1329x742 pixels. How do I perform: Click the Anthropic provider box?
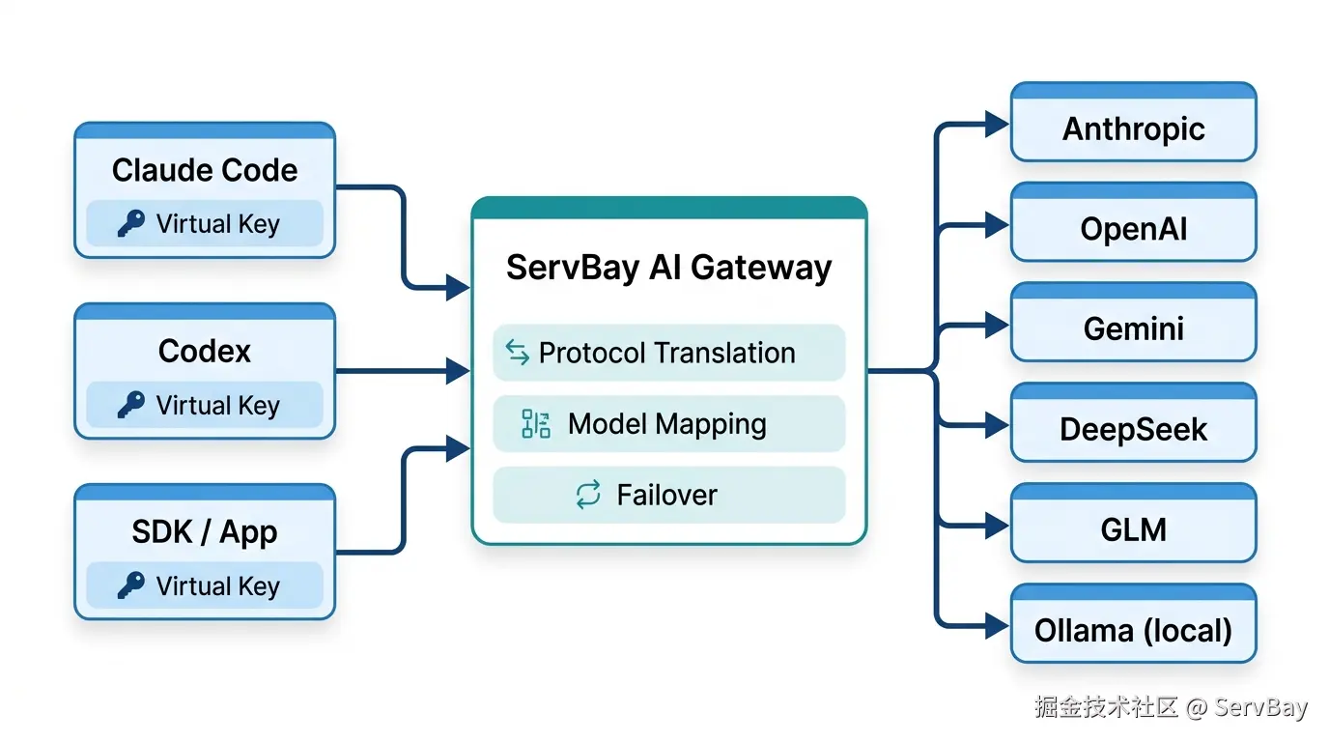pos(1133,122)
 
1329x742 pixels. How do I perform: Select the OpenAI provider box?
pos(1133,222)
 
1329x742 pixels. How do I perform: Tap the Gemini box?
pos(1133,323)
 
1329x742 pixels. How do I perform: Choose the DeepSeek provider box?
pos(1133,422)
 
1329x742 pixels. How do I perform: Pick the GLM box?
pos(1133,523)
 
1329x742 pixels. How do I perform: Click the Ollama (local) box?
pos(1133,623)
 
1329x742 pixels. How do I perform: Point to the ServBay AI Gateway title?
pos(668,268)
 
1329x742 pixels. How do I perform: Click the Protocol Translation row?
pos(668,353)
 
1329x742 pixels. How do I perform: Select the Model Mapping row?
pos(668,424)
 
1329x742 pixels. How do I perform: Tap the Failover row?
pos(668,495)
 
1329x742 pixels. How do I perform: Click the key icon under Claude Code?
pos(131,224)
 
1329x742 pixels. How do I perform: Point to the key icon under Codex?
pos(131,405)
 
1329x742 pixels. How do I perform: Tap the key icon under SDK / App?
pos(131,585)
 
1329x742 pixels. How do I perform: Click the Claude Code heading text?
pos(205,170)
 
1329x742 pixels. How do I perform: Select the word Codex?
pos(205,351)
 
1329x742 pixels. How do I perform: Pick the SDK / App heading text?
pos(205,532)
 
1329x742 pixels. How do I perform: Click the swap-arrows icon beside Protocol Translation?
pos(518,352)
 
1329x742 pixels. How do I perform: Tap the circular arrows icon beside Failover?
pos(588,495)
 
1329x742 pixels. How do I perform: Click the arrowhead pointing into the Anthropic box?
pos(997,125)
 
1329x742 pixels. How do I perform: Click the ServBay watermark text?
pos(1260,707)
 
